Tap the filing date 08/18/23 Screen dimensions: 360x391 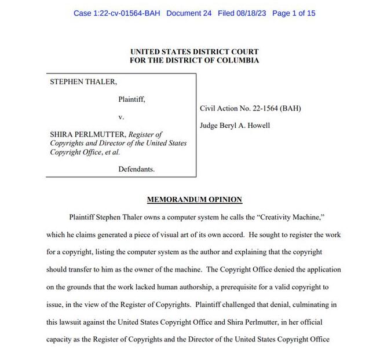tap(253, 13)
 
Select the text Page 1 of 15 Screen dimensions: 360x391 tap(294, 13)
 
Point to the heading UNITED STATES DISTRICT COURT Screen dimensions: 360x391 tap(195, 52)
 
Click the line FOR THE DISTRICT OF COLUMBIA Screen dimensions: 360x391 tap(195, 60)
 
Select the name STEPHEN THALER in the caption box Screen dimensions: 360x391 tap(83, 82)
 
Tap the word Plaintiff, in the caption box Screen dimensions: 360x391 tap(131, 100)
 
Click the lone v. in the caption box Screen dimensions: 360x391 tap(121, 117)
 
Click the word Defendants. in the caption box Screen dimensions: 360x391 tap(136, 169)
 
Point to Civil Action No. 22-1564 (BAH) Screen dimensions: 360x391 tap(250, 108)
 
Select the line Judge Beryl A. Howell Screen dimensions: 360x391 tap(235, 126)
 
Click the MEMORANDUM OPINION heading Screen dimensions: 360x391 tap(195, 200)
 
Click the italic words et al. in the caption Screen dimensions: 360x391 tap(111, 152)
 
